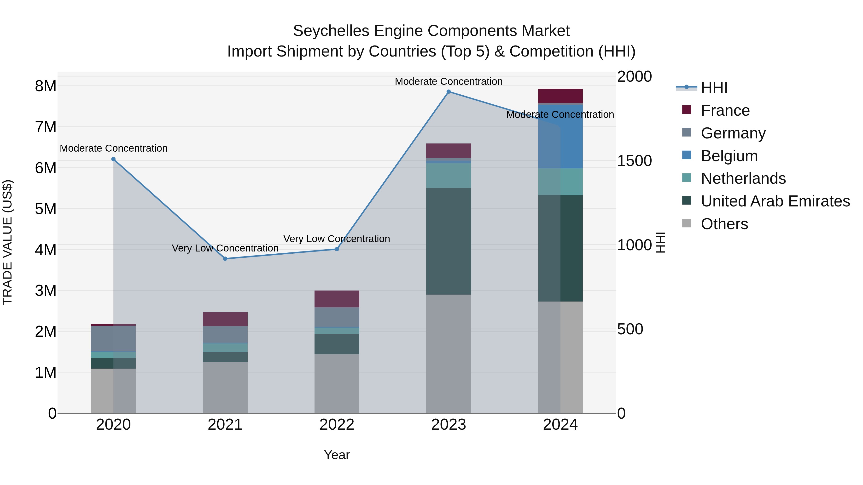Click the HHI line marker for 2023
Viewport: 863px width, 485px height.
tap(449, 92)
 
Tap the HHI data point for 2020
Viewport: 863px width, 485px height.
tap(113, 159)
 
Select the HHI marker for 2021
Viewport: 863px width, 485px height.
tap(225, 259)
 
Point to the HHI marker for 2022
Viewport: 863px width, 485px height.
tap(337, 249)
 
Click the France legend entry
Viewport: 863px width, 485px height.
tap(725, 110)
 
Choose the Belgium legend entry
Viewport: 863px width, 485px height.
tap(729, 156)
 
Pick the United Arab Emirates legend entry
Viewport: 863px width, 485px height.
tap(775, 201)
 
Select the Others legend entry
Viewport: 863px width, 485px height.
tap(724, 224)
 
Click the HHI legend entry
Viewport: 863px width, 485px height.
tap(714, 88)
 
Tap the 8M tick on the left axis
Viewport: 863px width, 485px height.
tap(46, 86)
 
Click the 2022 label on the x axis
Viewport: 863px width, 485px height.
tap(337, 425)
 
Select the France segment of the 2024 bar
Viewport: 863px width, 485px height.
tap(560, 96)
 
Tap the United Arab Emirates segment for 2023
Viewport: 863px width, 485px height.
tap(449, 241)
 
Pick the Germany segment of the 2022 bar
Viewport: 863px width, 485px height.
tap(337, 317)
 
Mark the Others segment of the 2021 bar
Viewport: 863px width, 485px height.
tap(225, 387)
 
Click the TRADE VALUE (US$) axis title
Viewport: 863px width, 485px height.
tap(7, 243)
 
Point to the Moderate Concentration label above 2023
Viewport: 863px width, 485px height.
tap(449, 81)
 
